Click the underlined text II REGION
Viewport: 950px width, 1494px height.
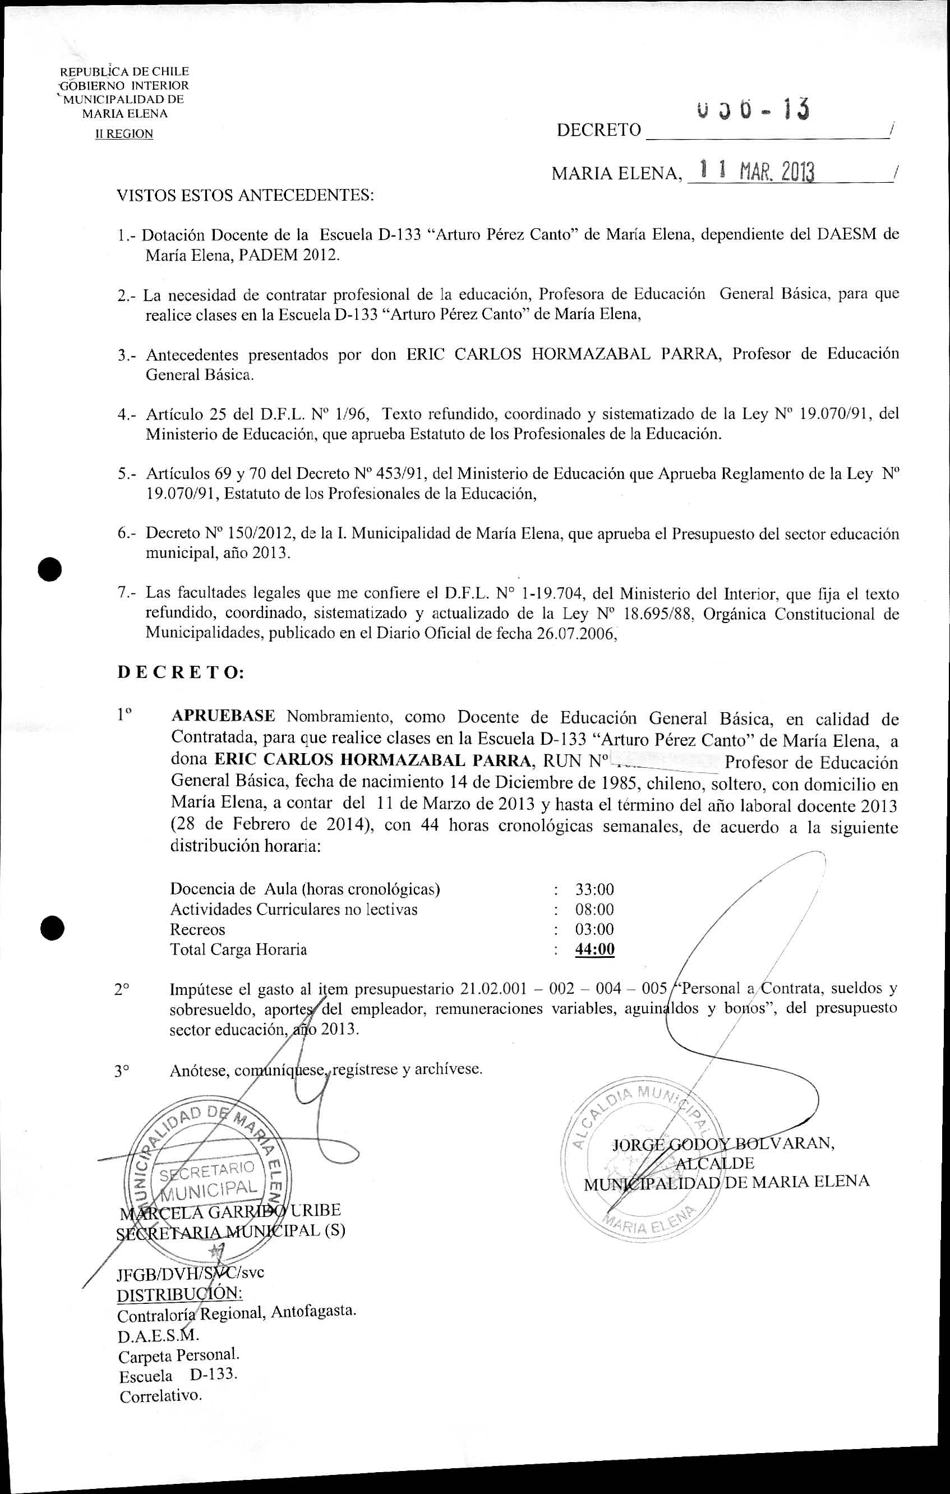123,134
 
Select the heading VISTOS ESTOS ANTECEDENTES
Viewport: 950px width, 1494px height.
246,196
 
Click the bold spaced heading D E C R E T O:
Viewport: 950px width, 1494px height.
181,672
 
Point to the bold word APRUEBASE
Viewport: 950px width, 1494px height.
223,716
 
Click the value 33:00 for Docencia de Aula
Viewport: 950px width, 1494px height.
594,889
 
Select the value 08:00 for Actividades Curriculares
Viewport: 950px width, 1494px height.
594,910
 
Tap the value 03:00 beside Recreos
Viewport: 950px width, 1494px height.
594,929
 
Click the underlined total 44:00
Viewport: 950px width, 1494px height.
594,949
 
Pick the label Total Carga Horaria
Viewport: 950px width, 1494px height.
238,949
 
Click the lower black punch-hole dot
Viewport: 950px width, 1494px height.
50,928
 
